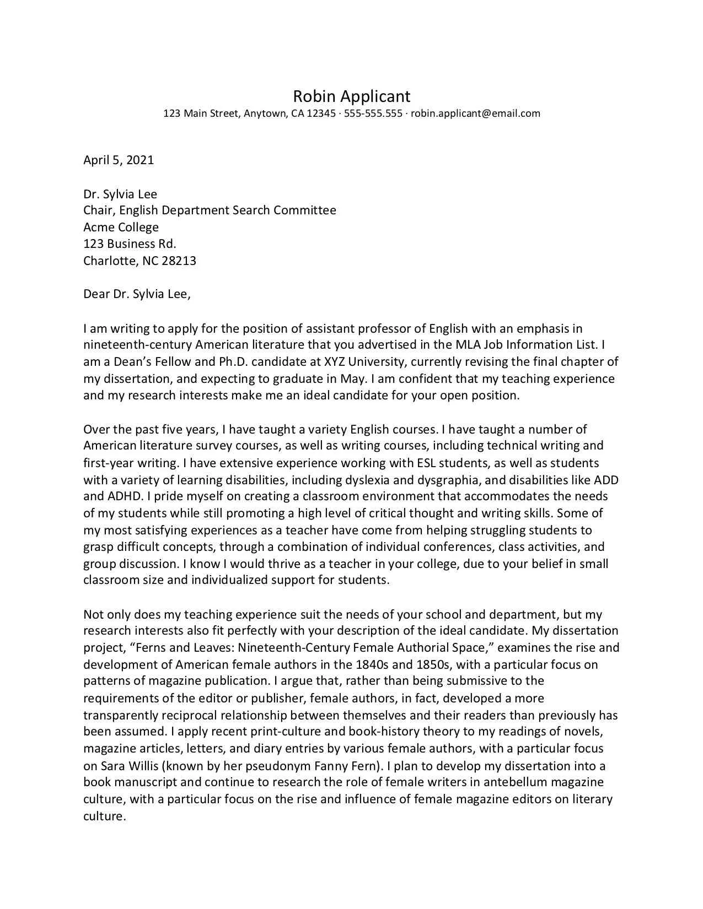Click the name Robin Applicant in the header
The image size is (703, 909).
pos(351,96)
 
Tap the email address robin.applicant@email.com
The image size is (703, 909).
pos(475,113)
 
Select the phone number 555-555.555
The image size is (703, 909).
pos(373,113)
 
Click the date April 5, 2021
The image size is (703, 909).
pos(119,160)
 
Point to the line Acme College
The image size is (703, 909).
pos(121,227)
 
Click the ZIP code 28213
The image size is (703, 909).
pos(179,261)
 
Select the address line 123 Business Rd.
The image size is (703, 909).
pos(130,244)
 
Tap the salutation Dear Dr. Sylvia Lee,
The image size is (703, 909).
pos(137,294)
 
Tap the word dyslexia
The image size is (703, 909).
pos(372,479)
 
